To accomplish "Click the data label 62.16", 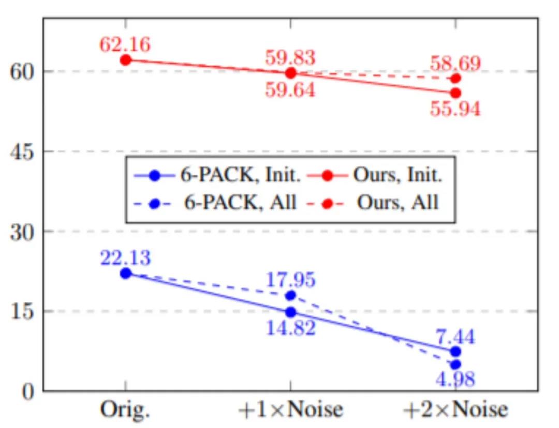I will tap(125, 45).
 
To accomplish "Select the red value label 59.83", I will tap(290, 58).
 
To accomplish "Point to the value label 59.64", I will tap(290, 90).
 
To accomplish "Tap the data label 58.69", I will tap(455, 64).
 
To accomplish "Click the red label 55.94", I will tap(455, 109).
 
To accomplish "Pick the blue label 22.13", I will tap(125, 258).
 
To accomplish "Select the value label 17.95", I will tap(290, 281).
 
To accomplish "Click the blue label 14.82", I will tap(290, 328).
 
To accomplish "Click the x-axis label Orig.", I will tap(125, 410).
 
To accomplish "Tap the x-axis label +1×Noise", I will tap(290, 410).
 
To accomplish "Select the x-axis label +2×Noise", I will tap(455, 410).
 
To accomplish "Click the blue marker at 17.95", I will tap(290, 296).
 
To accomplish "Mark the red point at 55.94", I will tap(455, 93).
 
